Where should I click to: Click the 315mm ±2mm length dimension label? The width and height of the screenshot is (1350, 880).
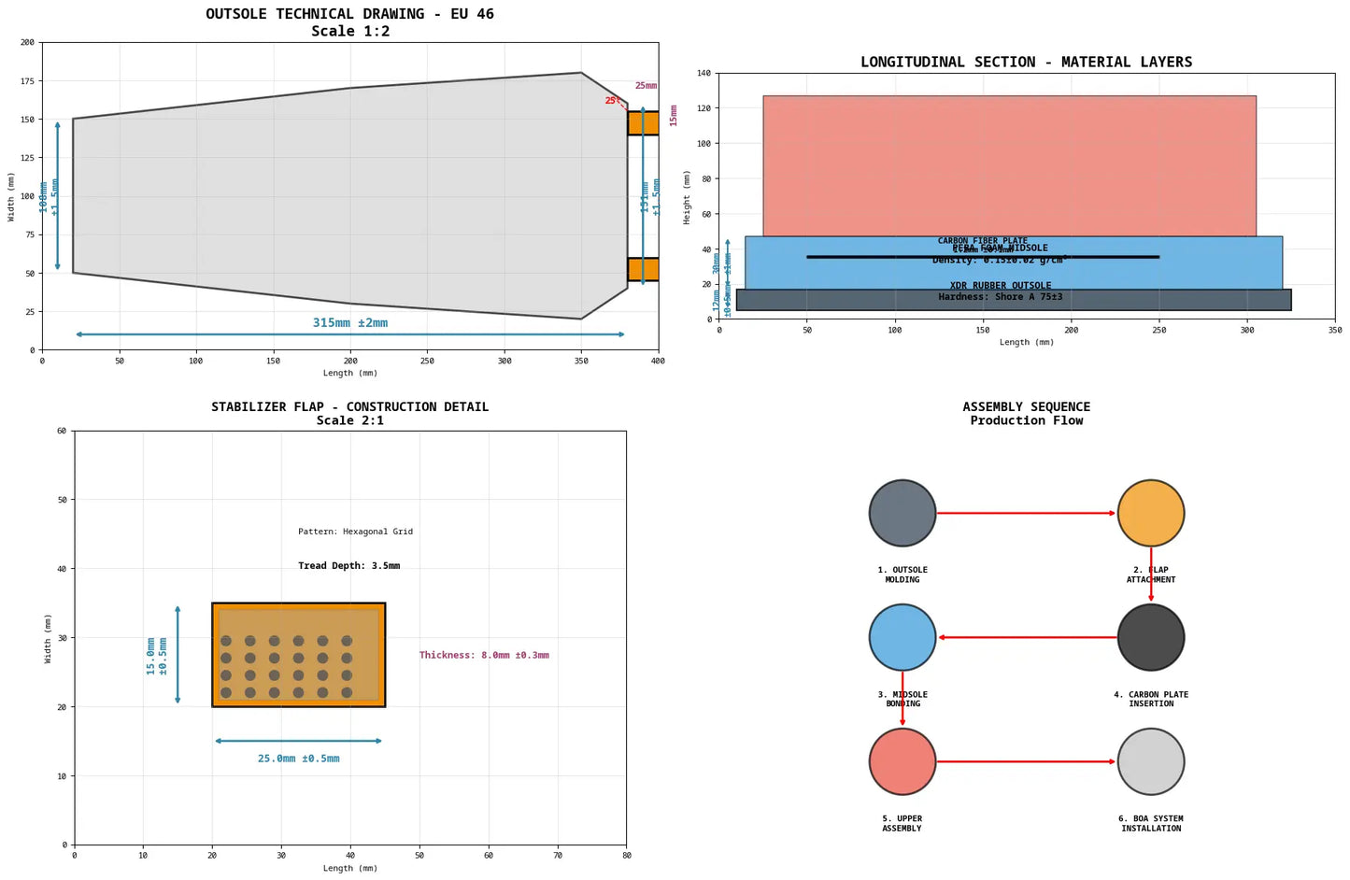(349, 323)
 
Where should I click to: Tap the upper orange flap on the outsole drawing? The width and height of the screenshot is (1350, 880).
(643, 123)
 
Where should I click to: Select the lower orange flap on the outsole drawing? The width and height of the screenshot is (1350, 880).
(643, 269)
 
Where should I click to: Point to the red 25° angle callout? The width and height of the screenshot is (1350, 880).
(612, 101)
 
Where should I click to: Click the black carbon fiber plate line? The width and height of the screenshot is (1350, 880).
(982, 257)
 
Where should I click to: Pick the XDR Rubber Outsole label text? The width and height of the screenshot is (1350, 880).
(1000, 286)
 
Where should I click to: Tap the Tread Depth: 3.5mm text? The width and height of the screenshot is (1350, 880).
(348, 566)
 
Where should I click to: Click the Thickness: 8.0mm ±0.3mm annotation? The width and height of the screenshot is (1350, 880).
(483, 656)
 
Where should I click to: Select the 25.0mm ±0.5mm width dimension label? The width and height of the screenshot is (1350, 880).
(298, 759)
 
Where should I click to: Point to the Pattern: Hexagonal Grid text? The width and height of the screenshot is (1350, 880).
(355, 532)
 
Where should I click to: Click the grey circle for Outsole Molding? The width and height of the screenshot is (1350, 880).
(902, 513)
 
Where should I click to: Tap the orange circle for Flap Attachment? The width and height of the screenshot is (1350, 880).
(1150, 513)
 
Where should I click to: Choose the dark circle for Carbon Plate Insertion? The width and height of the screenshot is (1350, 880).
(1150, 637)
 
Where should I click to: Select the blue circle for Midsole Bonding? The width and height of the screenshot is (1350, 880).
(902, 637)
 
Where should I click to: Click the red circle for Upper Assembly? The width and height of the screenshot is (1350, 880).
(902, 761)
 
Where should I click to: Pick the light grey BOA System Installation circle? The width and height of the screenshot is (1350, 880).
(1150, 761)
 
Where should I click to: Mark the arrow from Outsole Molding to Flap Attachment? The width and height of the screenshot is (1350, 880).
(1026, 513)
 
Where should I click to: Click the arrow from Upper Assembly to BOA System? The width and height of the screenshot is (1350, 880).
(1026, 761)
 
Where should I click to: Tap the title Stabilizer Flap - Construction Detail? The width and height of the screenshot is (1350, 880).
(349, 407)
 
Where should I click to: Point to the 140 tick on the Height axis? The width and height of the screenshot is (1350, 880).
(704, 73)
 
